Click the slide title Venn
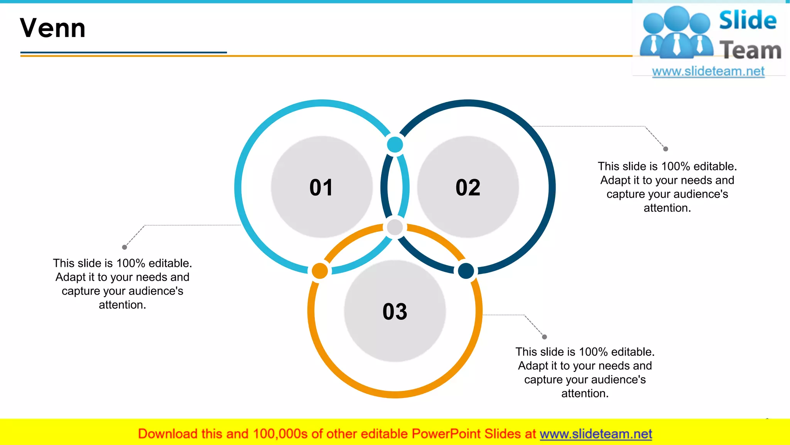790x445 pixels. [53, 28]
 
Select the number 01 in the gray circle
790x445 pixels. [321, 187]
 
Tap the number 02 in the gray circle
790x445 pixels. [468, 187]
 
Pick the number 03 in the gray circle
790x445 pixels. [395, 311]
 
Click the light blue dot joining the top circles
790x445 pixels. [395, 145]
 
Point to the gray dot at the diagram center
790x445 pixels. [395, 227]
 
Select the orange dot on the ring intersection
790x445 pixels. [320, 271]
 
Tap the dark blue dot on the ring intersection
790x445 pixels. [466, 271]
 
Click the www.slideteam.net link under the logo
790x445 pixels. [708, 71]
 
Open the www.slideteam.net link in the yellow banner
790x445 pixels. [596, 434]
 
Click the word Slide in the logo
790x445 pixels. [748, 20]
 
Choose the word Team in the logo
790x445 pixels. [750, 50]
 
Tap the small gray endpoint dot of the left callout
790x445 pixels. [125, 247]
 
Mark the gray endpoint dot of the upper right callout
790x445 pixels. [665, 149]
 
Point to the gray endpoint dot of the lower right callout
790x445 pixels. [544, 337]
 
